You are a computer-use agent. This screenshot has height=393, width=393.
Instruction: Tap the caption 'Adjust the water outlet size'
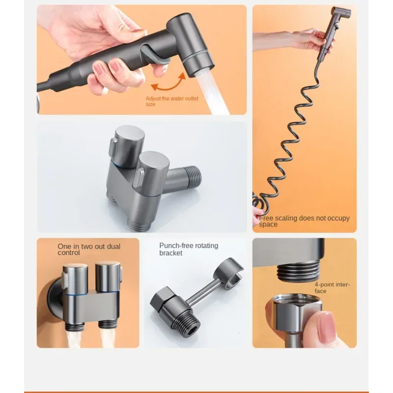[x=172, y=101]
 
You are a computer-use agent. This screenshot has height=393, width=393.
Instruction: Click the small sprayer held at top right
[x=334, y=32]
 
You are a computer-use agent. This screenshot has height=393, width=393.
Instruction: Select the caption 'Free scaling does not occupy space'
[x=304, y=221]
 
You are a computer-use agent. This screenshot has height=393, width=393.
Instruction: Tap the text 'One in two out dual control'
[x=89, y=250]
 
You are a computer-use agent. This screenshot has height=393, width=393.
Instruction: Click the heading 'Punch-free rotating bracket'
[x=189, y=249]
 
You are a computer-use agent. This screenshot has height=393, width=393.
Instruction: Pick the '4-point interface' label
[x=332, y=288]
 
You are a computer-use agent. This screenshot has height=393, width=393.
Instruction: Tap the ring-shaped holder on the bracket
[x=228, y=273]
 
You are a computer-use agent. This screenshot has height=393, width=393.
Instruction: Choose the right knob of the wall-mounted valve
[x=108, y=277]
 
